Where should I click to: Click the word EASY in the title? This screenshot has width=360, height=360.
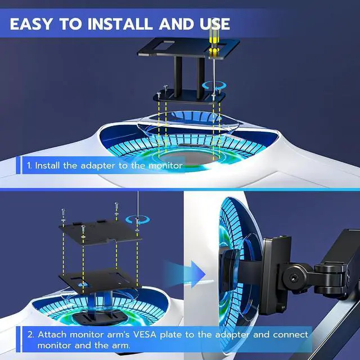coord(31,24)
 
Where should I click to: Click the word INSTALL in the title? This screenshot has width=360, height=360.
coord(120,24)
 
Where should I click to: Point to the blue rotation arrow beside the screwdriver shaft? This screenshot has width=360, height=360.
coord(214,86)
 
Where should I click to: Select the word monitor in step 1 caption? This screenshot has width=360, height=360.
coord(166,165)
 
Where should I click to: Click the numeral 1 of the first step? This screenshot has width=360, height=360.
coord(29,165)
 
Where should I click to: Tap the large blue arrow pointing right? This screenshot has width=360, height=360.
coord(185,274)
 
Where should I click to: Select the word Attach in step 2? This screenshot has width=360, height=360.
coord(52,335)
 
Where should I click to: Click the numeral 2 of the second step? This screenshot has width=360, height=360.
coord(30,335)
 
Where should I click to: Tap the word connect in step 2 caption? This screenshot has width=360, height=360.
coord(291,335)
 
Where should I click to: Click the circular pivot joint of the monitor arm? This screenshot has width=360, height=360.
coord(294,278)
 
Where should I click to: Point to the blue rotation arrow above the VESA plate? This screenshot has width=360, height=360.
coord(137,220)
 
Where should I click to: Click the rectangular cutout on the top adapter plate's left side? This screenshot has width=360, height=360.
coord(164,45)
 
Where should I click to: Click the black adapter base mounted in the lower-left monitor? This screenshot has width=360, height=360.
coord(100,317)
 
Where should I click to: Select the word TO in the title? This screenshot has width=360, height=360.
coord(70,24)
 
